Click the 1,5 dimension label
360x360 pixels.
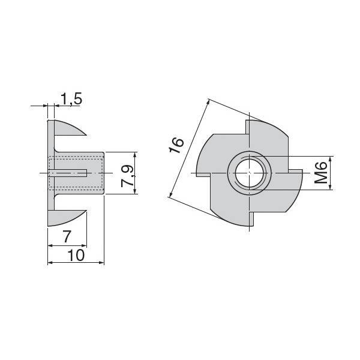pos(71,99)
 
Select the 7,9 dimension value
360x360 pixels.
pos(127,176)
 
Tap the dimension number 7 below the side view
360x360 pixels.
pos(67,237)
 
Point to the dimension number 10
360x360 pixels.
pos(76,255)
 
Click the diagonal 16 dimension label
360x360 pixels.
pos(176,145)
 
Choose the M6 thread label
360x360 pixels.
pos(321,173)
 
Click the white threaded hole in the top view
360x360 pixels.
pos(250,173)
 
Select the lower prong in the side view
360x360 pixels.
pos(67,218)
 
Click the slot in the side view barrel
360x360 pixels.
pos(68,173)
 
